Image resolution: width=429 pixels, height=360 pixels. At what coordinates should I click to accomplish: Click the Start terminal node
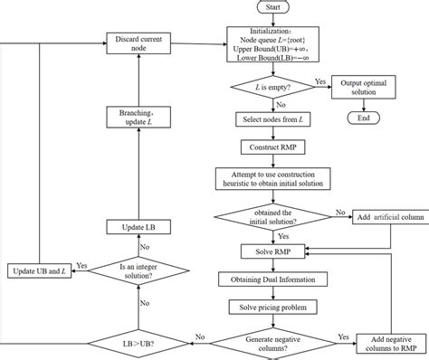[x=272, y=7]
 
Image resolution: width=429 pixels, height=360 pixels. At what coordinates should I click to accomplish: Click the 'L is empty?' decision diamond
[x=272, y=88]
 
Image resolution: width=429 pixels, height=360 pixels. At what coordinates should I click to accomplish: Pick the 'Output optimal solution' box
[x=370, y=88]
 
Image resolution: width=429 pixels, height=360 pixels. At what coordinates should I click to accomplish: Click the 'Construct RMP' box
[x=272, y=147]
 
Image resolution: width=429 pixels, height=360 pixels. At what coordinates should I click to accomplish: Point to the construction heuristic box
[x=272, y=178]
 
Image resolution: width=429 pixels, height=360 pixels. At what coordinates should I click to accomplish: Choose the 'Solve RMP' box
[x=272, y=250]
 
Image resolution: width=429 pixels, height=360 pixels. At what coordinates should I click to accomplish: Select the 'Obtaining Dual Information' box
[x=272, y=279]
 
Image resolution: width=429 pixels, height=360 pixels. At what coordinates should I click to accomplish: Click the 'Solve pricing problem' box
[x=272, y=308]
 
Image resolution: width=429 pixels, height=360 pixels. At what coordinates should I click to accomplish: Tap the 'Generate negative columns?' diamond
[x=272, y=342]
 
